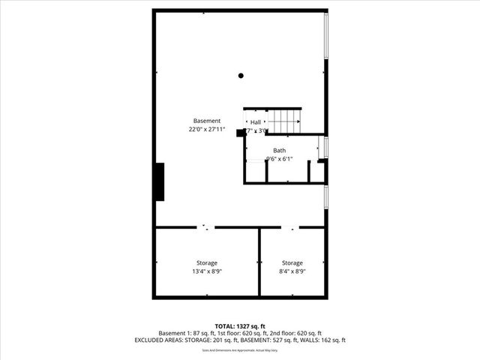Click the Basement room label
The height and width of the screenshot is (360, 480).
click(x=207, y=121)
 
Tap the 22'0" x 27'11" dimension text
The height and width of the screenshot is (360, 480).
click(x=207, y=130)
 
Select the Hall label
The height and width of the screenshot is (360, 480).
click(x=256, y=121)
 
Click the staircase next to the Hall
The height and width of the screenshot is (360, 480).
click(x=285, y=120)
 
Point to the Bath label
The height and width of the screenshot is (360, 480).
click(x=279, y=150)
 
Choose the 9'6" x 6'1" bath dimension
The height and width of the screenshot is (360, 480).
click(x=278, y=158)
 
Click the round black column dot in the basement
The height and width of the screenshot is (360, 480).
click(x=241, y=75)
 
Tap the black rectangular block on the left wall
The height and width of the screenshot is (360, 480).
click(x=159, y=181)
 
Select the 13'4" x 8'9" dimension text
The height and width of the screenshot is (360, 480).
click(x=207, y=271)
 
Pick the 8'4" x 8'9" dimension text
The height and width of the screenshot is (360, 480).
click(x=292, y=271)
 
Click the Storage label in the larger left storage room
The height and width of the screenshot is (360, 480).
click(x=207, y=262)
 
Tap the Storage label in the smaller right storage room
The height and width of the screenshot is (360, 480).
click(x=292, y=262)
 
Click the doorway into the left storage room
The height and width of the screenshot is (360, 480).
click(x=206, y=226)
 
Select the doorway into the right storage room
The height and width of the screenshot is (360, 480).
click(x=291, y=226)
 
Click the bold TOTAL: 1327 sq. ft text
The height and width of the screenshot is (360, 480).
click(x=240, y=325)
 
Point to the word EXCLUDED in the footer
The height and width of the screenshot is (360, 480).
click(x=152, y=340)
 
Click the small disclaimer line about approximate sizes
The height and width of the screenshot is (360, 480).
click(x=240, y=350)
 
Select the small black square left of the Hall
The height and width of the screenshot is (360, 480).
click(x=240, y=133)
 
